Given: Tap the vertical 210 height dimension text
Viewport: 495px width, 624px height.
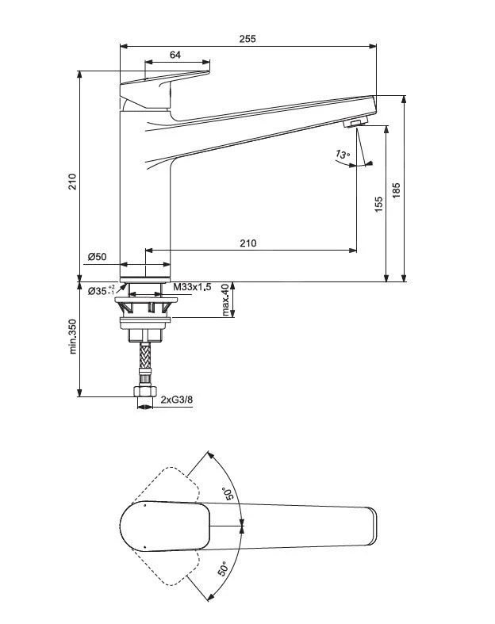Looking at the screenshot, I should pyautogui.click(x=72, y=182).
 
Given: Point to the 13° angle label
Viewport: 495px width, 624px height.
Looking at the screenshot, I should pyautogui.click(x=342, y=155).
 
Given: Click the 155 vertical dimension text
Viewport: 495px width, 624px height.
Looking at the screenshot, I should pyautogui.click(x=378, y=204).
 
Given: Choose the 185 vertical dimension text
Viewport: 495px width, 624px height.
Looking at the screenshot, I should pyautogui.click(x=397, y=191).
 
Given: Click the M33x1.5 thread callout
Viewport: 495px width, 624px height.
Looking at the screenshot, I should pyautogui.click(x=192, y=287).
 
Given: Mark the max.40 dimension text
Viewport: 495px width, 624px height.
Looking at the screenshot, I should pyautogui.click(x=226, y=300).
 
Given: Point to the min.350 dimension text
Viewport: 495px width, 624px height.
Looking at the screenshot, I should pyautogui.click(x=72, y=337).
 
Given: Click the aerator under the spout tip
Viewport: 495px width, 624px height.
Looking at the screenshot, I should pyautogui.click(x=355, y=123).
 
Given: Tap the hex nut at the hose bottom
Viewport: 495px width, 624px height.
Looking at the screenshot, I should pyautogui.click(x=145, y=392).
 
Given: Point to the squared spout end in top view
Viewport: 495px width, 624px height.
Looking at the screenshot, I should pyautogui.click(x=367, y=528).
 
